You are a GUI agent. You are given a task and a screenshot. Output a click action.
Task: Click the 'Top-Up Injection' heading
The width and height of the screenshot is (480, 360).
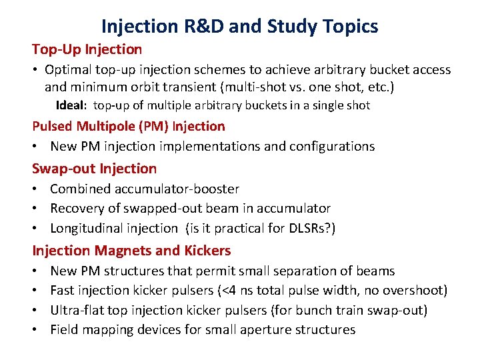pyautogui.click(x=87, y=49)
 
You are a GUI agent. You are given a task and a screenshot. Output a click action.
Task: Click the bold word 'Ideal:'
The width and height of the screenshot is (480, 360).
pyautogui.click(x=73, y=105)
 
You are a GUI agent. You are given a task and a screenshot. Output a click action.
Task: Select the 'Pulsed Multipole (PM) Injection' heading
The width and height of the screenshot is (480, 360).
pyautogui.click(x=129, y=126)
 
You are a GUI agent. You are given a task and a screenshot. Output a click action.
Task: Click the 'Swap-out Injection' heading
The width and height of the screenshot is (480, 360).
pyautogui.click(x=95, y=169)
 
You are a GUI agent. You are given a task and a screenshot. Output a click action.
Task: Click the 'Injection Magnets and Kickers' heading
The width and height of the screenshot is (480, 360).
pyautogui.click(x=132, y=251)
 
